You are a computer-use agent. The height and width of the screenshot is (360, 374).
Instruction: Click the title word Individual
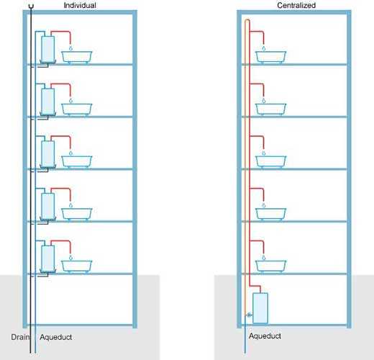[x=80, y=5]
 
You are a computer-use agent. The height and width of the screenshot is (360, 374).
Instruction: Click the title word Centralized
[x=296, y=5]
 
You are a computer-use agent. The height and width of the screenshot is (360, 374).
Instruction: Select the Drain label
[x=20, y=337]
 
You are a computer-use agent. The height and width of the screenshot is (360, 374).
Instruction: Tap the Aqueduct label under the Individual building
[x=56, y=337]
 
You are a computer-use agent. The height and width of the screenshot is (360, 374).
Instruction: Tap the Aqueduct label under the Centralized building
[x=265, y=336]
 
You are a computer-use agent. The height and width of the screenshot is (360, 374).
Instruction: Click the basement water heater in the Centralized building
[x=260, y=308]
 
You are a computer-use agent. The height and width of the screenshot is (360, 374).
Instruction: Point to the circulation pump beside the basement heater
[x=249, y=315]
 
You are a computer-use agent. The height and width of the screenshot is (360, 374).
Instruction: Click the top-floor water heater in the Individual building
[x=47, y=49]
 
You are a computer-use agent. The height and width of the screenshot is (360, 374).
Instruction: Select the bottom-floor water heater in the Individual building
[x=47, y=258]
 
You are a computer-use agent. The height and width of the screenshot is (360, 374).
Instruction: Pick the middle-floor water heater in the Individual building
[x=47, y=154]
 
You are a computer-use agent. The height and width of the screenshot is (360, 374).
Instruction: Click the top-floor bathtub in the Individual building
[x=77, y=58]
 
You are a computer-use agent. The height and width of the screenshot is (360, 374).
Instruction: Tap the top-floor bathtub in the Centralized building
[x=270, y=58]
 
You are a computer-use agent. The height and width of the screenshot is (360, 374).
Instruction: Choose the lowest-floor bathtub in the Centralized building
[x=270, y=266]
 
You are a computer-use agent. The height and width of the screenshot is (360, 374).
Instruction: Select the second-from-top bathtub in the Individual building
[x=77, y=109]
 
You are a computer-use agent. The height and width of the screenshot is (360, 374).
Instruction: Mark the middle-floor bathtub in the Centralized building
[x=270, y=162]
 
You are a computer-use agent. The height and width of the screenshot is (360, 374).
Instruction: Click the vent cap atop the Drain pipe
[x=31, y=6]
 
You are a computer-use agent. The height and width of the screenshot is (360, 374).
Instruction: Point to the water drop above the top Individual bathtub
[x=70, y=48]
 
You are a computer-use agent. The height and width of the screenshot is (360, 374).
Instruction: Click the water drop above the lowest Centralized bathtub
[x=264, y=258]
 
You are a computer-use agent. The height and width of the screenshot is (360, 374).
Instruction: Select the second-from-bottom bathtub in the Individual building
[x=77, y=215]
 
